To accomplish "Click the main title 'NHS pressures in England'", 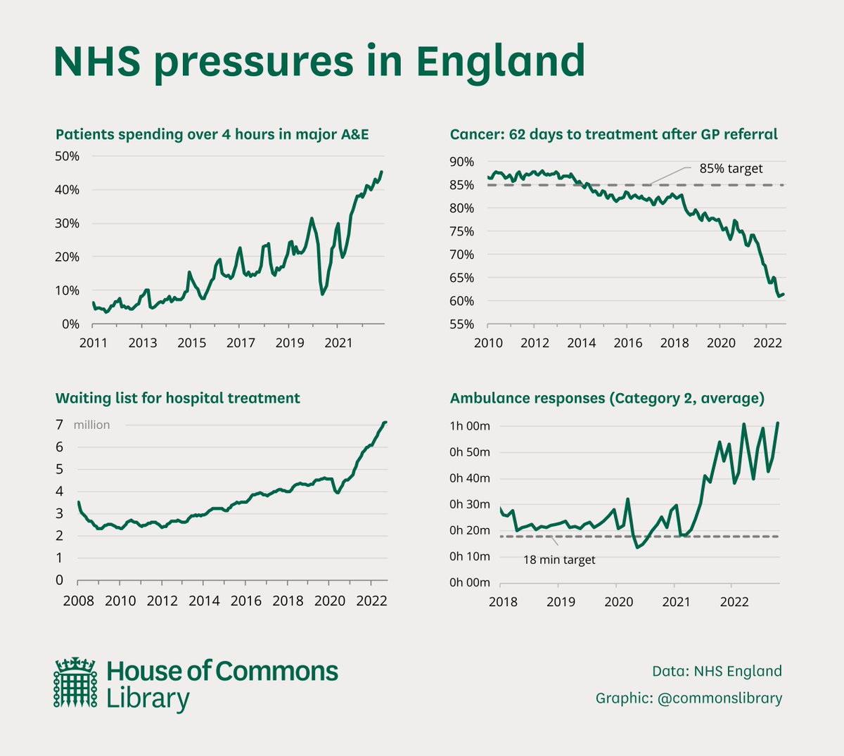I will [319, 61].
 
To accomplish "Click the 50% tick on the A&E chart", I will [68, 156].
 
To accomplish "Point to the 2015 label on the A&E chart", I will [191, 343].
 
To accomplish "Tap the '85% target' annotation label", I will [731, 169].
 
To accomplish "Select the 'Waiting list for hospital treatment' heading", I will [177, 398].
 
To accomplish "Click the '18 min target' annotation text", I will [559, 560].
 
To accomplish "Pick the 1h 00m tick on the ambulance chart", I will [470, 426].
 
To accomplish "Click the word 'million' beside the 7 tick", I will [91, 425].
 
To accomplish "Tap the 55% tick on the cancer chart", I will [462, 324].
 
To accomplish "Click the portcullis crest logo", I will [75, 682].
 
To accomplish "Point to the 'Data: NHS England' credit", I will [717, 671].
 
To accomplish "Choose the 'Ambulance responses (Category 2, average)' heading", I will [607, 398].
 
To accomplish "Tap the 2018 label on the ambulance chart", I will [503, 601].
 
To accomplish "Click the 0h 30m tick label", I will [470, 504].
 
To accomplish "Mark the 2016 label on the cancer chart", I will [628, 343].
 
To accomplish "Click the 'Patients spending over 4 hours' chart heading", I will [212, 134].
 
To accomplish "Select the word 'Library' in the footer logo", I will [148, 699].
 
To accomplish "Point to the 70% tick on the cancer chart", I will [462, 255].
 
